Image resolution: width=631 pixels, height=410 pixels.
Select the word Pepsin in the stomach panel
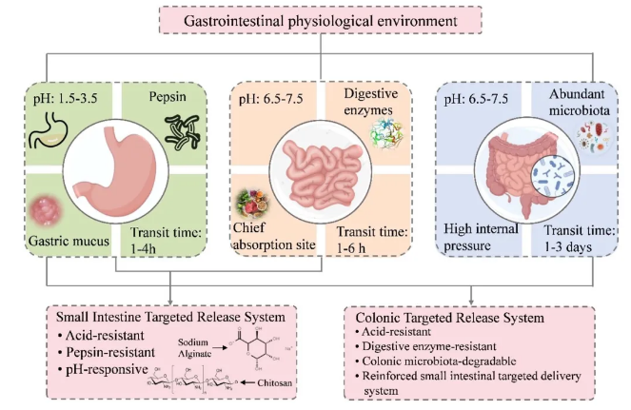click(x=168, y=97)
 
